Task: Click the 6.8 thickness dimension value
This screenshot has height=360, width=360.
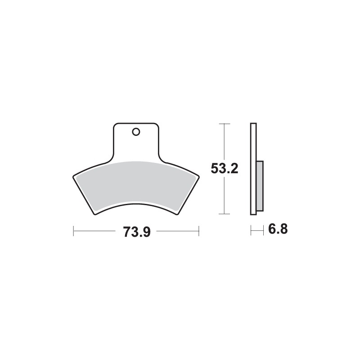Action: pos(277,229)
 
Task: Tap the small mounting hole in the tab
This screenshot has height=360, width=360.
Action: pos(135,132)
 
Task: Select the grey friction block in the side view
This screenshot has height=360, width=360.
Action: pos(260,185)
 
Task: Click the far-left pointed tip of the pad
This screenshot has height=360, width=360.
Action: pos(72,176)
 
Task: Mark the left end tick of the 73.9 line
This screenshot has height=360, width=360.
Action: pos(73,232)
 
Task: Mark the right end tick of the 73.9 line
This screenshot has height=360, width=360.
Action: pos(198,232)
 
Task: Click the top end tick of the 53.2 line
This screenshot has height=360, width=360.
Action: pos(224,123)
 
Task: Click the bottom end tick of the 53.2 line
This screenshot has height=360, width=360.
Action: pos(224,214)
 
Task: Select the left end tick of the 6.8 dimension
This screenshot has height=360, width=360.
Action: pos(251,230)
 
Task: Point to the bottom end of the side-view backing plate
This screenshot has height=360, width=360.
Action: pos(253,214)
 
